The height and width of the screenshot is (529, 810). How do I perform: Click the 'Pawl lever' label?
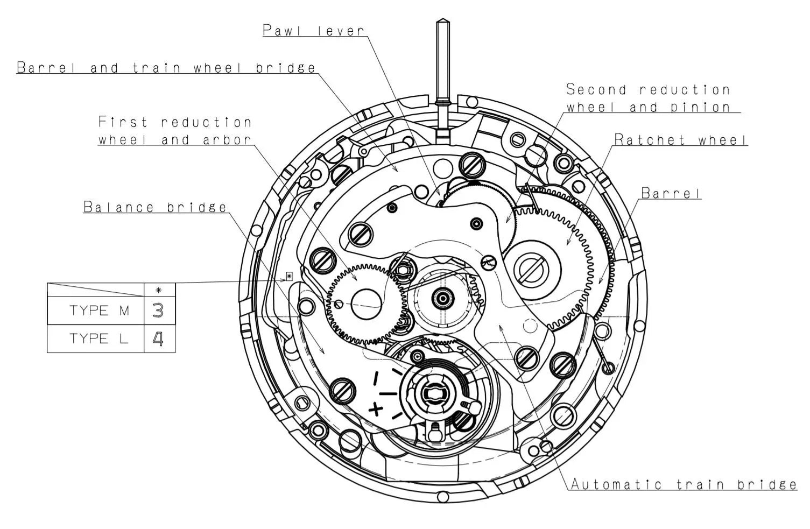coord(314,30)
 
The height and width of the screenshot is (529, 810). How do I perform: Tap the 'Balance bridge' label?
coord(155,207)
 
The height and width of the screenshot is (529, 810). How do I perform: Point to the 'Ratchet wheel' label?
coord(681,140)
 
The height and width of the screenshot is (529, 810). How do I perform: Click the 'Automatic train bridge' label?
coord(683,484)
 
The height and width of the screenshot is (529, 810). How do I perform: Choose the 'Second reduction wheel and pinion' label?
coord(648,98)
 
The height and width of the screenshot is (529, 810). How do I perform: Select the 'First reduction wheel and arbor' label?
coord(175,131)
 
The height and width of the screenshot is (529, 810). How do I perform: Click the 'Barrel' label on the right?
coord(671,193)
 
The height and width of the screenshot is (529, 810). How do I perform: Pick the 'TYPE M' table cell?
coord(99,311)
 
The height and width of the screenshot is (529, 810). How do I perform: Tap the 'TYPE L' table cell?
coord(99,338)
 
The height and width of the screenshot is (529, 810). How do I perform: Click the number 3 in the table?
coord(158,311)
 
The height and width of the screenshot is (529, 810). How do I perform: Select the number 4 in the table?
coord(158,339)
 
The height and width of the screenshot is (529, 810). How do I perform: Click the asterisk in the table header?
coord(158,290)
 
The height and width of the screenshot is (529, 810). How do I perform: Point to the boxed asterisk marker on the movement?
coord(289,277)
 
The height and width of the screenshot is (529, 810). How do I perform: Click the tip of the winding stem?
coord(442,23)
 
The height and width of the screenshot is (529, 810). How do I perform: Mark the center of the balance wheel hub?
coord(432,394)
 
